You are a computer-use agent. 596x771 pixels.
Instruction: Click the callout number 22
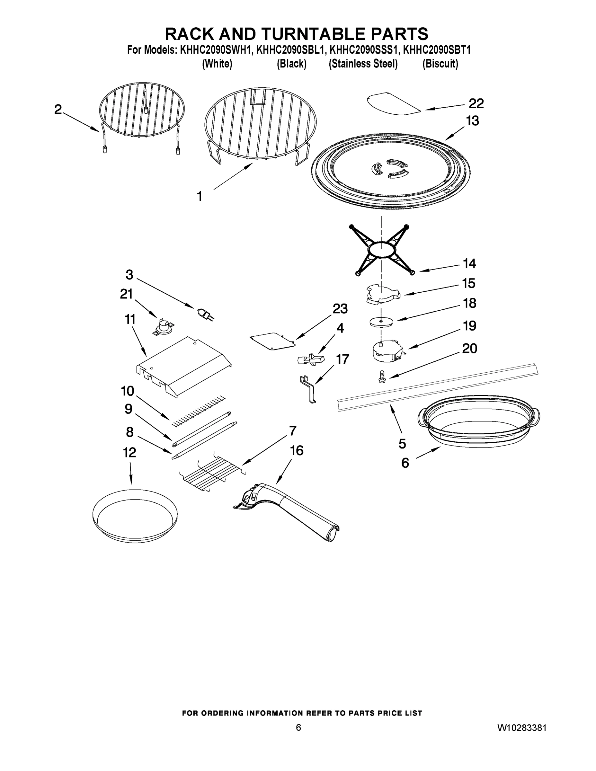pos(476,103)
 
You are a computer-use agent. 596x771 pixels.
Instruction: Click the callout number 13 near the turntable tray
pos(472,121)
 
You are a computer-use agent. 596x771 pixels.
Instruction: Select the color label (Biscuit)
pos(440,64)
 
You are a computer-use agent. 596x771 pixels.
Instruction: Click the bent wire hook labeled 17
pos(308,389)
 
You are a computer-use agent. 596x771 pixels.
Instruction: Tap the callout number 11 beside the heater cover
pos(130,320)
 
